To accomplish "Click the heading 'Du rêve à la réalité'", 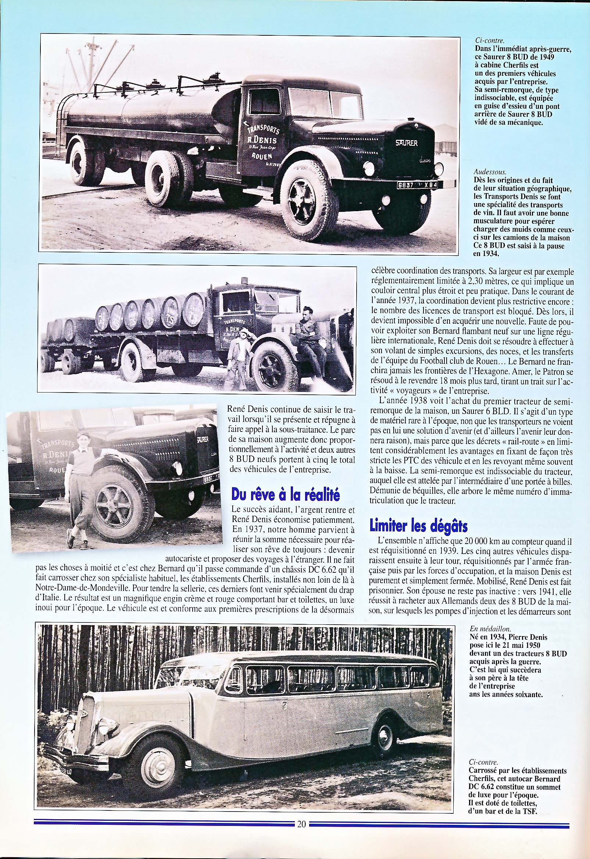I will tap(285, 494).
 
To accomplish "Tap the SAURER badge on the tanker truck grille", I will tap(406, 143).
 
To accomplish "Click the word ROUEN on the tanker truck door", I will tap(262, 156).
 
